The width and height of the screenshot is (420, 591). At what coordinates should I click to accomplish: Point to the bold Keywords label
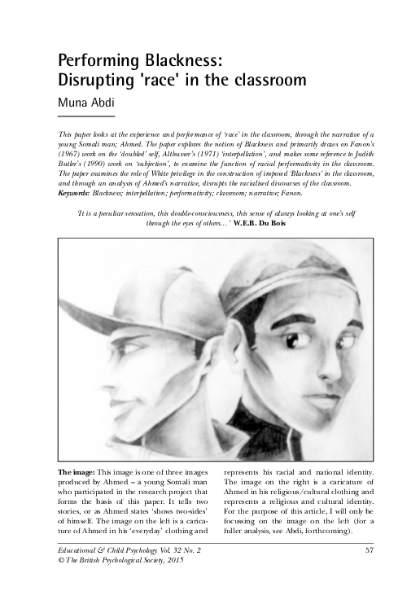click(x=77, y=194)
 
